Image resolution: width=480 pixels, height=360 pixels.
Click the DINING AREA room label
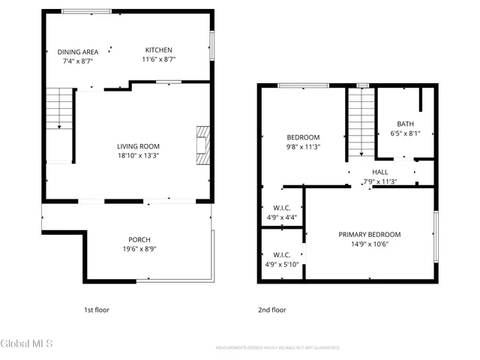(x=78, y=52)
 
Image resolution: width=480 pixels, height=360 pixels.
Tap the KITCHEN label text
(x=158, y=50)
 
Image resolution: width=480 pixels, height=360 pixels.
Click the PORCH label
(x=139, y=240)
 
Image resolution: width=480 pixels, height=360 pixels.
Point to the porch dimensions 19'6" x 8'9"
(x=139, y=249)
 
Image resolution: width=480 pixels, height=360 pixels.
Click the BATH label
(x=405, y=124)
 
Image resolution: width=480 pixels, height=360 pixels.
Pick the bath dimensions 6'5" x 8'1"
(x=405, y=133)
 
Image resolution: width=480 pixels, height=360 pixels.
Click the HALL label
(x=379, y=172)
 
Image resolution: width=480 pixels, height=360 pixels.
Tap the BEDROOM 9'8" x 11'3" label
(x=303, y=137)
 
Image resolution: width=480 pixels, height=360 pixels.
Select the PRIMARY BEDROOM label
(x=369, y=234)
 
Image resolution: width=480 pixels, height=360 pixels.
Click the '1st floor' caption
(x=96, y=310)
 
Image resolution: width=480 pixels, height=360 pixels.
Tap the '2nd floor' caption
(x=271, y=310)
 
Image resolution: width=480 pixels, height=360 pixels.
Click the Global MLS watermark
(x=27, y=344)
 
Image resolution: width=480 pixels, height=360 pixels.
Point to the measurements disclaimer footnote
(x=277, y=348)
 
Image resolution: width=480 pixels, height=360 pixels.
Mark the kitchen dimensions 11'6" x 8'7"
(x=158, y=59)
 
